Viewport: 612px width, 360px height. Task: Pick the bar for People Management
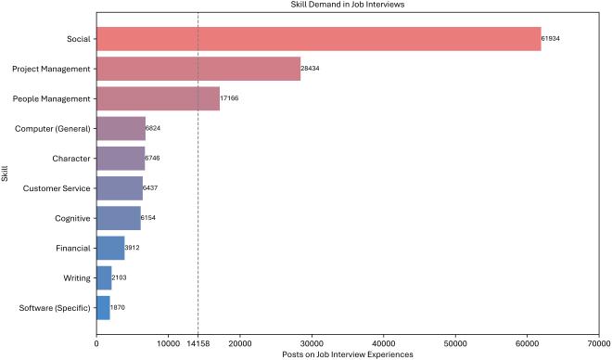[158, 98]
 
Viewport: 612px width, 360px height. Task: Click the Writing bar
[104, 277]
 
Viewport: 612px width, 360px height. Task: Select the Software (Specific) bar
[103, 307]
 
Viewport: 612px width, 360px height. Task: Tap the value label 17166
[231, 98]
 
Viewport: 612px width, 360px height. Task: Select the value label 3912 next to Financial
[133, 248]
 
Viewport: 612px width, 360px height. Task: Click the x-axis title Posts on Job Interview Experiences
[348, 354]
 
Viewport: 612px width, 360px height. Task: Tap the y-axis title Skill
[6, 173]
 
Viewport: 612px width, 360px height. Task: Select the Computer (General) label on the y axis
[53, 128]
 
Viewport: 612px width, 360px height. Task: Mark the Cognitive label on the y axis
[72, 218]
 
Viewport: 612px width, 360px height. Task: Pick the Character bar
[121, 158]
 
